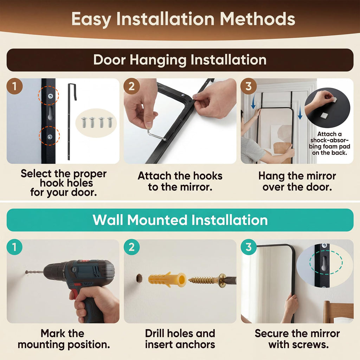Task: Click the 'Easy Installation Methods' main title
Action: click(x=183, y=19)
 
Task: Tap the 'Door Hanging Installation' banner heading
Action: click(x=180, y=60)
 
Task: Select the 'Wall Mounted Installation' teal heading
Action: click(x=180, y=220)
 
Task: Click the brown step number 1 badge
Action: click(x=14, y=86)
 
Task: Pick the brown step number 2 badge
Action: click(x=131, y=86)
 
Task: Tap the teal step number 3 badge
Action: click(x=249, y=247)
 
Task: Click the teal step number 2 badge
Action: click(x=131, y=247)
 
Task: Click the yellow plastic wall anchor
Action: click(x=167, y=279)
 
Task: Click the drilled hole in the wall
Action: click(x=139, y=278)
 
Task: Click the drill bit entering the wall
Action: click(x=34, y=272)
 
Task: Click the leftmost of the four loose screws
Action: click(x=84, y=122)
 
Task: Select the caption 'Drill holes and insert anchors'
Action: click(x=180, y=339)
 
